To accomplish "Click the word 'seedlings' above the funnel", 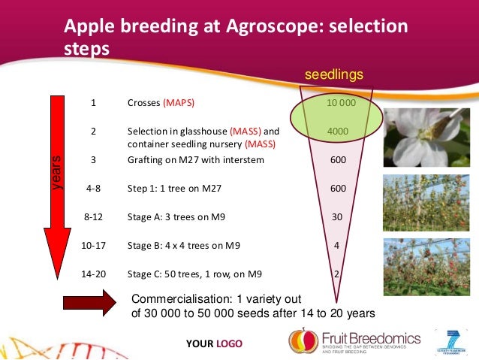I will (333, 74).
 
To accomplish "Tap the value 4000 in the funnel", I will (338, 131).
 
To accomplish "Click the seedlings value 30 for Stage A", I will (337, 217).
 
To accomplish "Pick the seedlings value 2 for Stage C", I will (338, 274).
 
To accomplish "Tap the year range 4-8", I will (93, 189).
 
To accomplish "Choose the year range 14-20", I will (93, 274).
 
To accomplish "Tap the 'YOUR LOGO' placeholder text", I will (215, 344).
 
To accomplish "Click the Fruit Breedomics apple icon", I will (304, 342).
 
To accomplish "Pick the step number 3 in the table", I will (93, 160).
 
